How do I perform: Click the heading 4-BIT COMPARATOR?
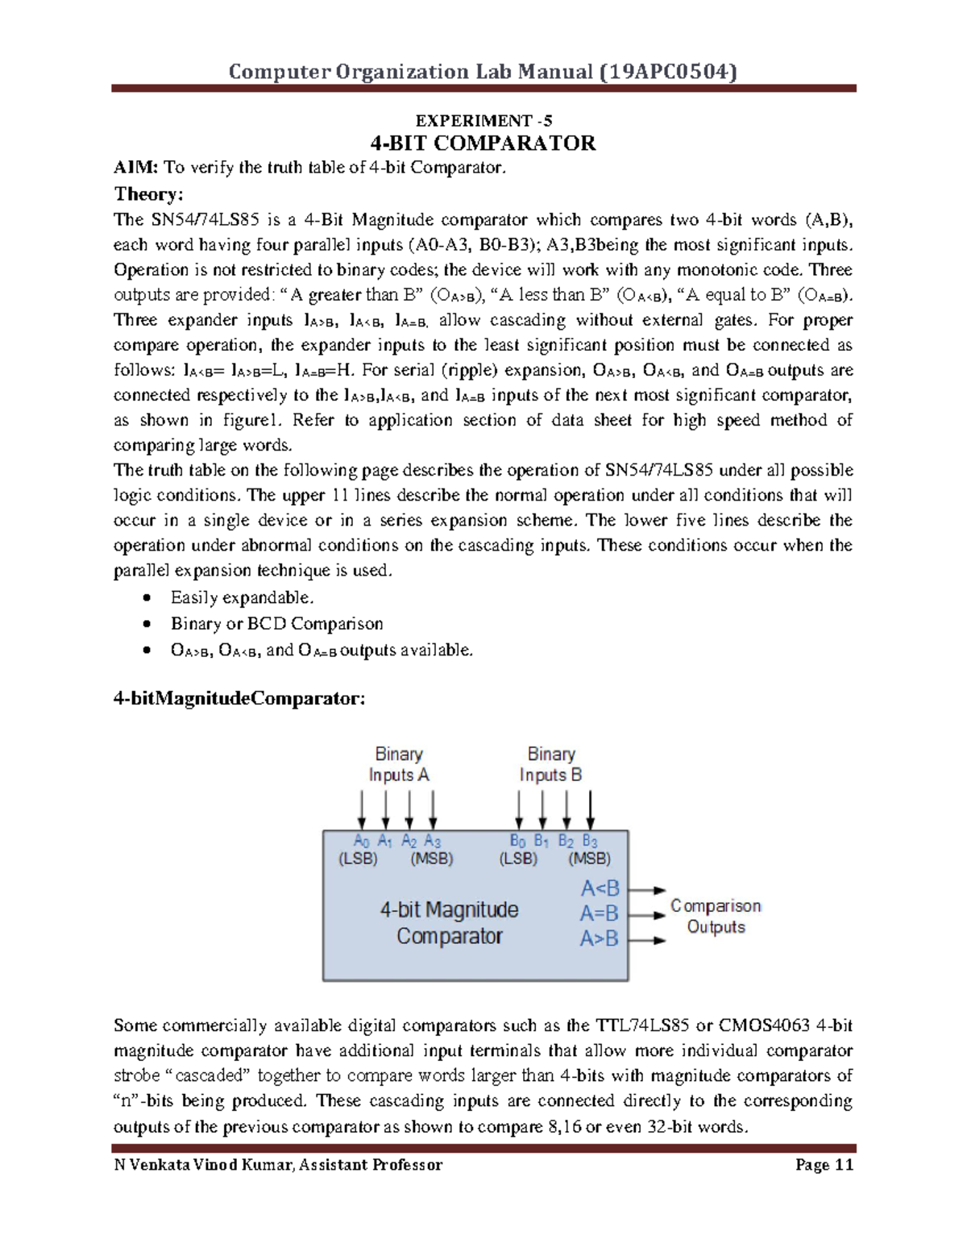pyautogui.click(x=483, y=144)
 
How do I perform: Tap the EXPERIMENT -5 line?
pyautogui.click(x=483, y=121)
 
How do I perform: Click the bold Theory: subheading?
pyautogui.click(x=149, y=193)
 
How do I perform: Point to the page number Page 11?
pyautogui.click(x=824, y=1165)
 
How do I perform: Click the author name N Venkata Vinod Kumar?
pyautogui.click(x=204, y=1165)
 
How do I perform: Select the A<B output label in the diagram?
pyautogui.click(x=600, y=888)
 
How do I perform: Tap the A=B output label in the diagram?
pyautogui.click(x=600, y=913)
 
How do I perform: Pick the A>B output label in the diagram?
pyautogui.click(x=600, y=938)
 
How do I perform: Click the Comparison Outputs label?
pyautogui.click(x=716, y=917)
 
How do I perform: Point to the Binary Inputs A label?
pyautogui.click(x=399, y=764)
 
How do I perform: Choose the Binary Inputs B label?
pyautogui.click(x=550, y=764)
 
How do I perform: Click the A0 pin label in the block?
pyautogui.click(x=361, y=841)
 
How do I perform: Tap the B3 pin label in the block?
pyautogui.click(x=590, y=841)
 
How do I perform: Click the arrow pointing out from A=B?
pyautogui.click(x=647, y=915)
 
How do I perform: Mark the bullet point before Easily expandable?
pyautogui.click(x=146, y=598)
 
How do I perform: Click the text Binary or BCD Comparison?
pyautogui.click(x=276, y=624)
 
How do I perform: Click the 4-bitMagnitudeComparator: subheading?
pyautogui.click(x=239, y=698)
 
